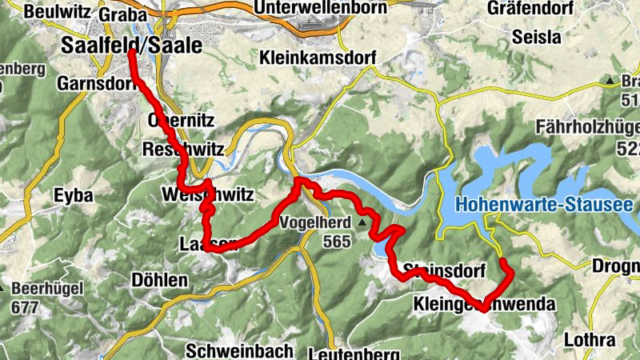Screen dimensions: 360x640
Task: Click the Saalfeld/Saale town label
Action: pos(131,46)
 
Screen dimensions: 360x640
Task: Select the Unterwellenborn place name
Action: pos(319,8)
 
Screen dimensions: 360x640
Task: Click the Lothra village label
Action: pos(590,339)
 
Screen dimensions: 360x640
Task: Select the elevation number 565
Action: pos(338,242)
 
